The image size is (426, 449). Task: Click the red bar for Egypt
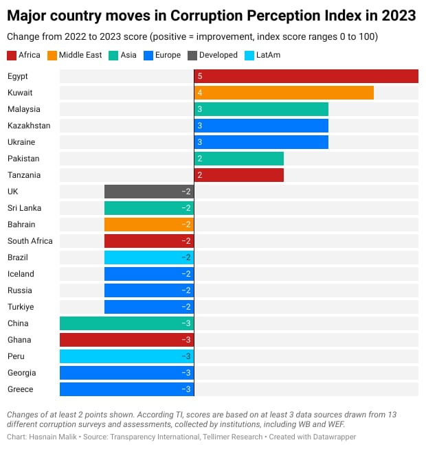click(x=306, y=76)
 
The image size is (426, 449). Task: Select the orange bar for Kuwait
click(x=284, y=93)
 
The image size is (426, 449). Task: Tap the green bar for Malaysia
click(x=261, y=109)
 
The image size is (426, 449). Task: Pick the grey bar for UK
click(x=149, y=192)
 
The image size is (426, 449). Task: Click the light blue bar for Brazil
click(x=149, y=257)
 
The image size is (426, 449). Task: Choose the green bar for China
click(x=127, y=323)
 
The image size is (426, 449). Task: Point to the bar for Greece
click(x=127, y=389)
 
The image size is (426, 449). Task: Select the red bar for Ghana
click(x=127, y=340)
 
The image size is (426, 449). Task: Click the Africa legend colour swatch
click(x=12, y=55)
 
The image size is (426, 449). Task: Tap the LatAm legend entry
click(x=266, y=55)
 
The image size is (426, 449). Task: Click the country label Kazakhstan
click(x=29, y=126)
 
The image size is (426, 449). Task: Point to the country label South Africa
click(x=30, y=241)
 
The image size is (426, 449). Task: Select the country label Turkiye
click(x=21, y=307)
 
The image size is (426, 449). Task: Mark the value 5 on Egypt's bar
click(x=200, y=76)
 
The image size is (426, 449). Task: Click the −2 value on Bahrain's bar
click(x=186, y=224)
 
